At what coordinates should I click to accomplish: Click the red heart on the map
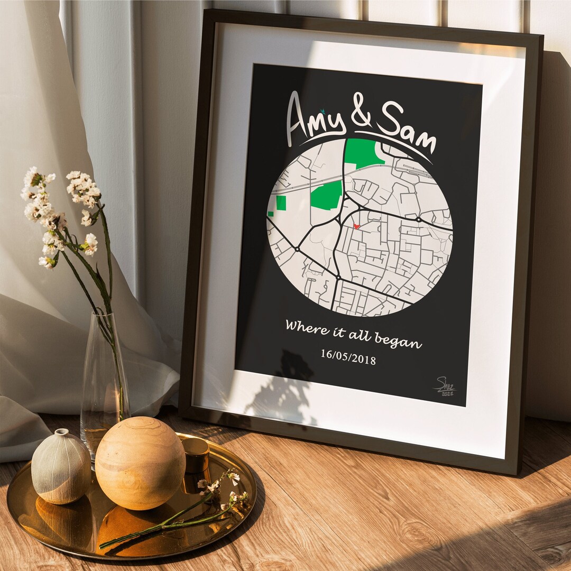tap(357, 226)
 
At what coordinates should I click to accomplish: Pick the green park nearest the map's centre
tap(326, 196)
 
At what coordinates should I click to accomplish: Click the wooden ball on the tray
tap(141, 462)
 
